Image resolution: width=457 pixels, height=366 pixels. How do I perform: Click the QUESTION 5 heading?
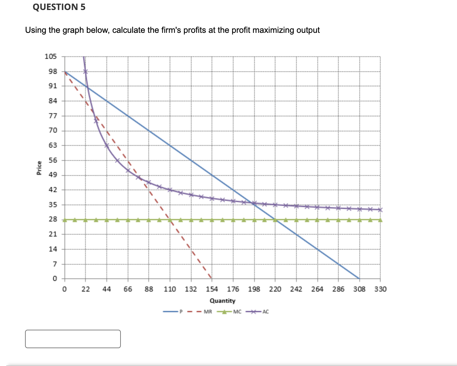coord(59,7)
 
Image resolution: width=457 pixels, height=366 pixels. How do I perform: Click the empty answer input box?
coord(73,339)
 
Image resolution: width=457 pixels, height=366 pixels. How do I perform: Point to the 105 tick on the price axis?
coord(51,57)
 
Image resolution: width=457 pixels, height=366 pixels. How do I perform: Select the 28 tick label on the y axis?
coord(53,219)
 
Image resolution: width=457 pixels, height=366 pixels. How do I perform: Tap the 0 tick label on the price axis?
coord(54,278)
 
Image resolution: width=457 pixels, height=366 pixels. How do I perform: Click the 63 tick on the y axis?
coord(53,145)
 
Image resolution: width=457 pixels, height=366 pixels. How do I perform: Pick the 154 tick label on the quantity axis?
coord(212,289)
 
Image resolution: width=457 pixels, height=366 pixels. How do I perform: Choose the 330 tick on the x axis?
coord(380,289)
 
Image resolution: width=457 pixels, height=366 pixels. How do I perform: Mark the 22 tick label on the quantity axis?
coord(85,289)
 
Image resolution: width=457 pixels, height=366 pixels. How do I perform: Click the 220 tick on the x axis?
coord(275,289)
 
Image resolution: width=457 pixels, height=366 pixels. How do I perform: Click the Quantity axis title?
coord(222,301)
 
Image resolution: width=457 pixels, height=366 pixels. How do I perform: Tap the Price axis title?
coord(39,168)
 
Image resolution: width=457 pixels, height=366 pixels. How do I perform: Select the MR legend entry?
coord(208,312)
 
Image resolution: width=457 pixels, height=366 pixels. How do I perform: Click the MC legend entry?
coord(237,312)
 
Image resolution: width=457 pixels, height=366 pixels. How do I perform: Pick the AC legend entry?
coord(265,312)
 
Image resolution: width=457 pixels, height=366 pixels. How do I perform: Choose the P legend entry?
coord(181,312)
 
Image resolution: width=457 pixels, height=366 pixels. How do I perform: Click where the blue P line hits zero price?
coord(359,278)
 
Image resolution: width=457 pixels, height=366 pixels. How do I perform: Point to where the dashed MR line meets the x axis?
coord(212,278)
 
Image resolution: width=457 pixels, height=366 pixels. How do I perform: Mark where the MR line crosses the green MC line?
coord(170,220)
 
